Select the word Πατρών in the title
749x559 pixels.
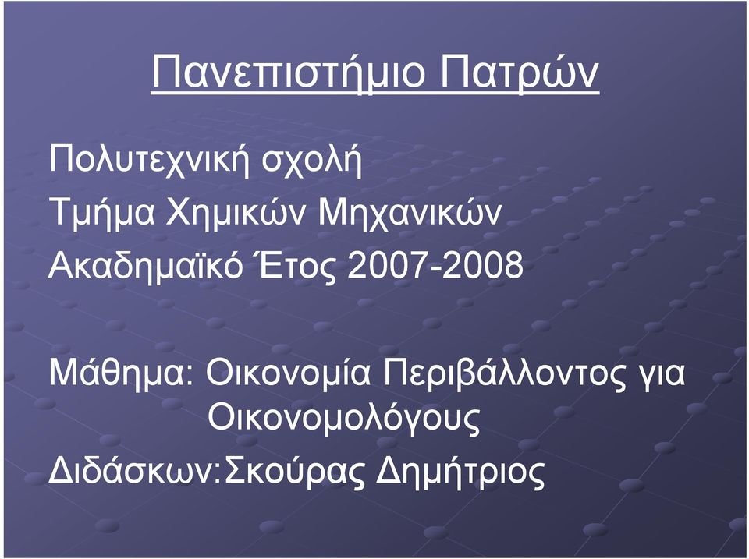click(x=520, y=73)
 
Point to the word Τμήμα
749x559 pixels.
click(x=101, y=213)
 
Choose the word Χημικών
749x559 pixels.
click(x=236, y=213)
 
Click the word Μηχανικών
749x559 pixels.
click(x=410, y=213)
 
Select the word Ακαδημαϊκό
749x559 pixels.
click(x=146, y=265)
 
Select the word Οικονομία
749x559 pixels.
click(x=288, y=373)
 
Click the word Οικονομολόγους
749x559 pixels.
click(x=343, y=419)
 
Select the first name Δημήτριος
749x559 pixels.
click(x=460, y=472)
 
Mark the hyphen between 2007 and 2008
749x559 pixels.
click(x=435, y=269)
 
